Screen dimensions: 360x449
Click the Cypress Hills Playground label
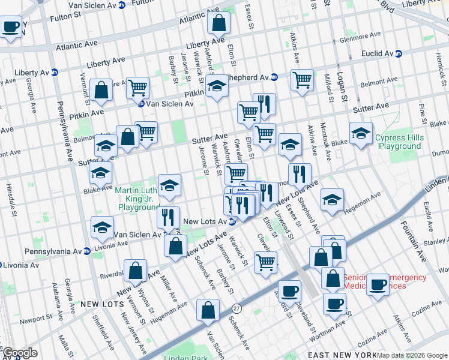[x=399, y=142]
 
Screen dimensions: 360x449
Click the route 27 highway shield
[x=236, y=307]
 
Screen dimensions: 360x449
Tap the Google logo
[x=20, y=353]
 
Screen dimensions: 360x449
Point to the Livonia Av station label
[x=20, y=265]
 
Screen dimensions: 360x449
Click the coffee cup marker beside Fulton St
[x=11, y=28]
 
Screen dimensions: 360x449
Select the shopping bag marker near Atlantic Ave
[x=219, y=23]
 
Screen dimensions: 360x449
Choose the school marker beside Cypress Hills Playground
[x=361, y=133]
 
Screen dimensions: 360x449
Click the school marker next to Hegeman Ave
[x=331, y=200]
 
